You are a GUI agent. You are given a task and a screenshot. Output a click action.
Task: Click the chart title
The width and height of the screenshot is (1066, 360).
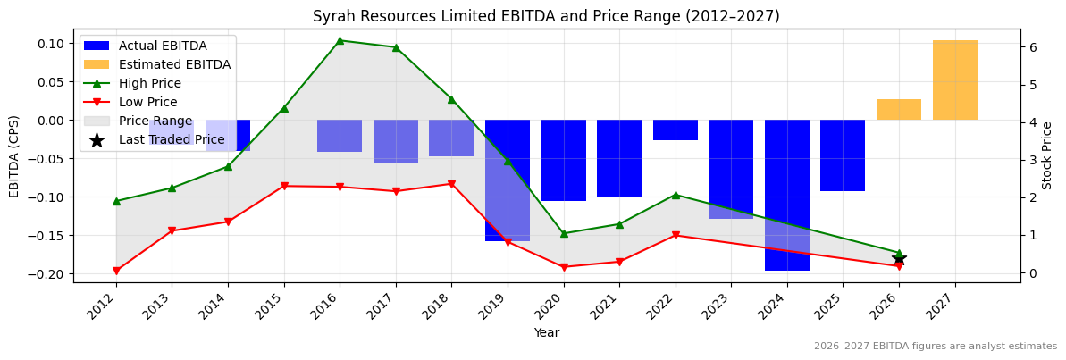[545, 16]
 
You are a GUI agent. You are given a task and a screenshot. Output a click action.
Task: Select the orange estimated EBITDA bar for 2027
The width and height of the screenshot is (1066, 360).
[954, 80]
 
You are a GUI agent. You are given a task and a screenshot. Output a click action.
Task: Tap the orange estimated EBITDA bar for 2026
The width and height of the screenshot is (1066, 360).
[898, 110]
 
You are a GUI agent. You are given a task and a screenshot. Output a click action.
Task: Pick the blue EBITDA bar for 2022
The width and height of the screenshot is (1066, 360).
[675, 130]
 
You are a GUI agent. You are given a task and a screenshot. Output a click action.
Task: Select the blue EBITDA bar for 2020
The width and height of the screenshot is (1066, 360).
[563, 161]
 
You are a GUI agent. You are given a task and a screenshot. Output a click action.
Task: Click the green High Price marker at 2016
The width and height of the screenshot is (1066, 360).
[340, 40]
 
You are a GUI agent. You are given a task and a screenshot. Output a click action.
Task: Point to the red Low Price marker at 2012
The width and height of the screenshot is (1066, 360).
[116, 271]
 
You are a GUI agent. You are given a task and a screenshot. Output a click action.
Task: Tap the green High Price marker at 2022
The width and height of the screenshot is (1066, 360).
[676, 195]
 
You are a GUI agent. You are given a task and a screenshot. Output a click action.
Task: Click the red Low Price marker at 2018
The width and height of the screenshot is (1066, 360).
[451, 184]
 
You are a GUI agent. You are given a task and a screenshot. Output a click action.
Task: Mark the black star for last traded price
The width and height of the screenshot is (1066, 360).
[899, 258]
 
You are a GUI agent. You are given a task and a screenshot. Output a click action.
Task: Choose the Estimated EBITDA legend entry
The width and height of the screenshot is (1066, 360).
[174, 64]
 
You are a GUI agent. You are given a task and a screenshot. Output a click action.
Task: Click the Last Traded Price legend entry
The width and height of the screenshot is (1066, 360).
[172, 139]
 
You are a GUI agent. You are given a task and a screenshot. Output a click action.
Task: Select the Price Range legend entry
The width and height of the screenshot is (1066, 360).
[155, 121]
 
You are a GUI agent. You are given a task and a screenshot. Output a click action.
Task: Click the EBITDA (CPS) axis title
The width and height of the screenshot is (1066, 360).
[14, 156]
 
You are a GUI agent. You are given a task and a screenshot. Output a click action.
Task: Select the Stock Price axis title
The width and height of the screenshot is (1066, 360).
[1047, 156]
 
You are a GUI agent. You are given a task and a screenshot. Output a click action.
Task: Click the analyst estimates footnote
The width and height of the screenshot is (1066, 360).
[935, 346]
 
